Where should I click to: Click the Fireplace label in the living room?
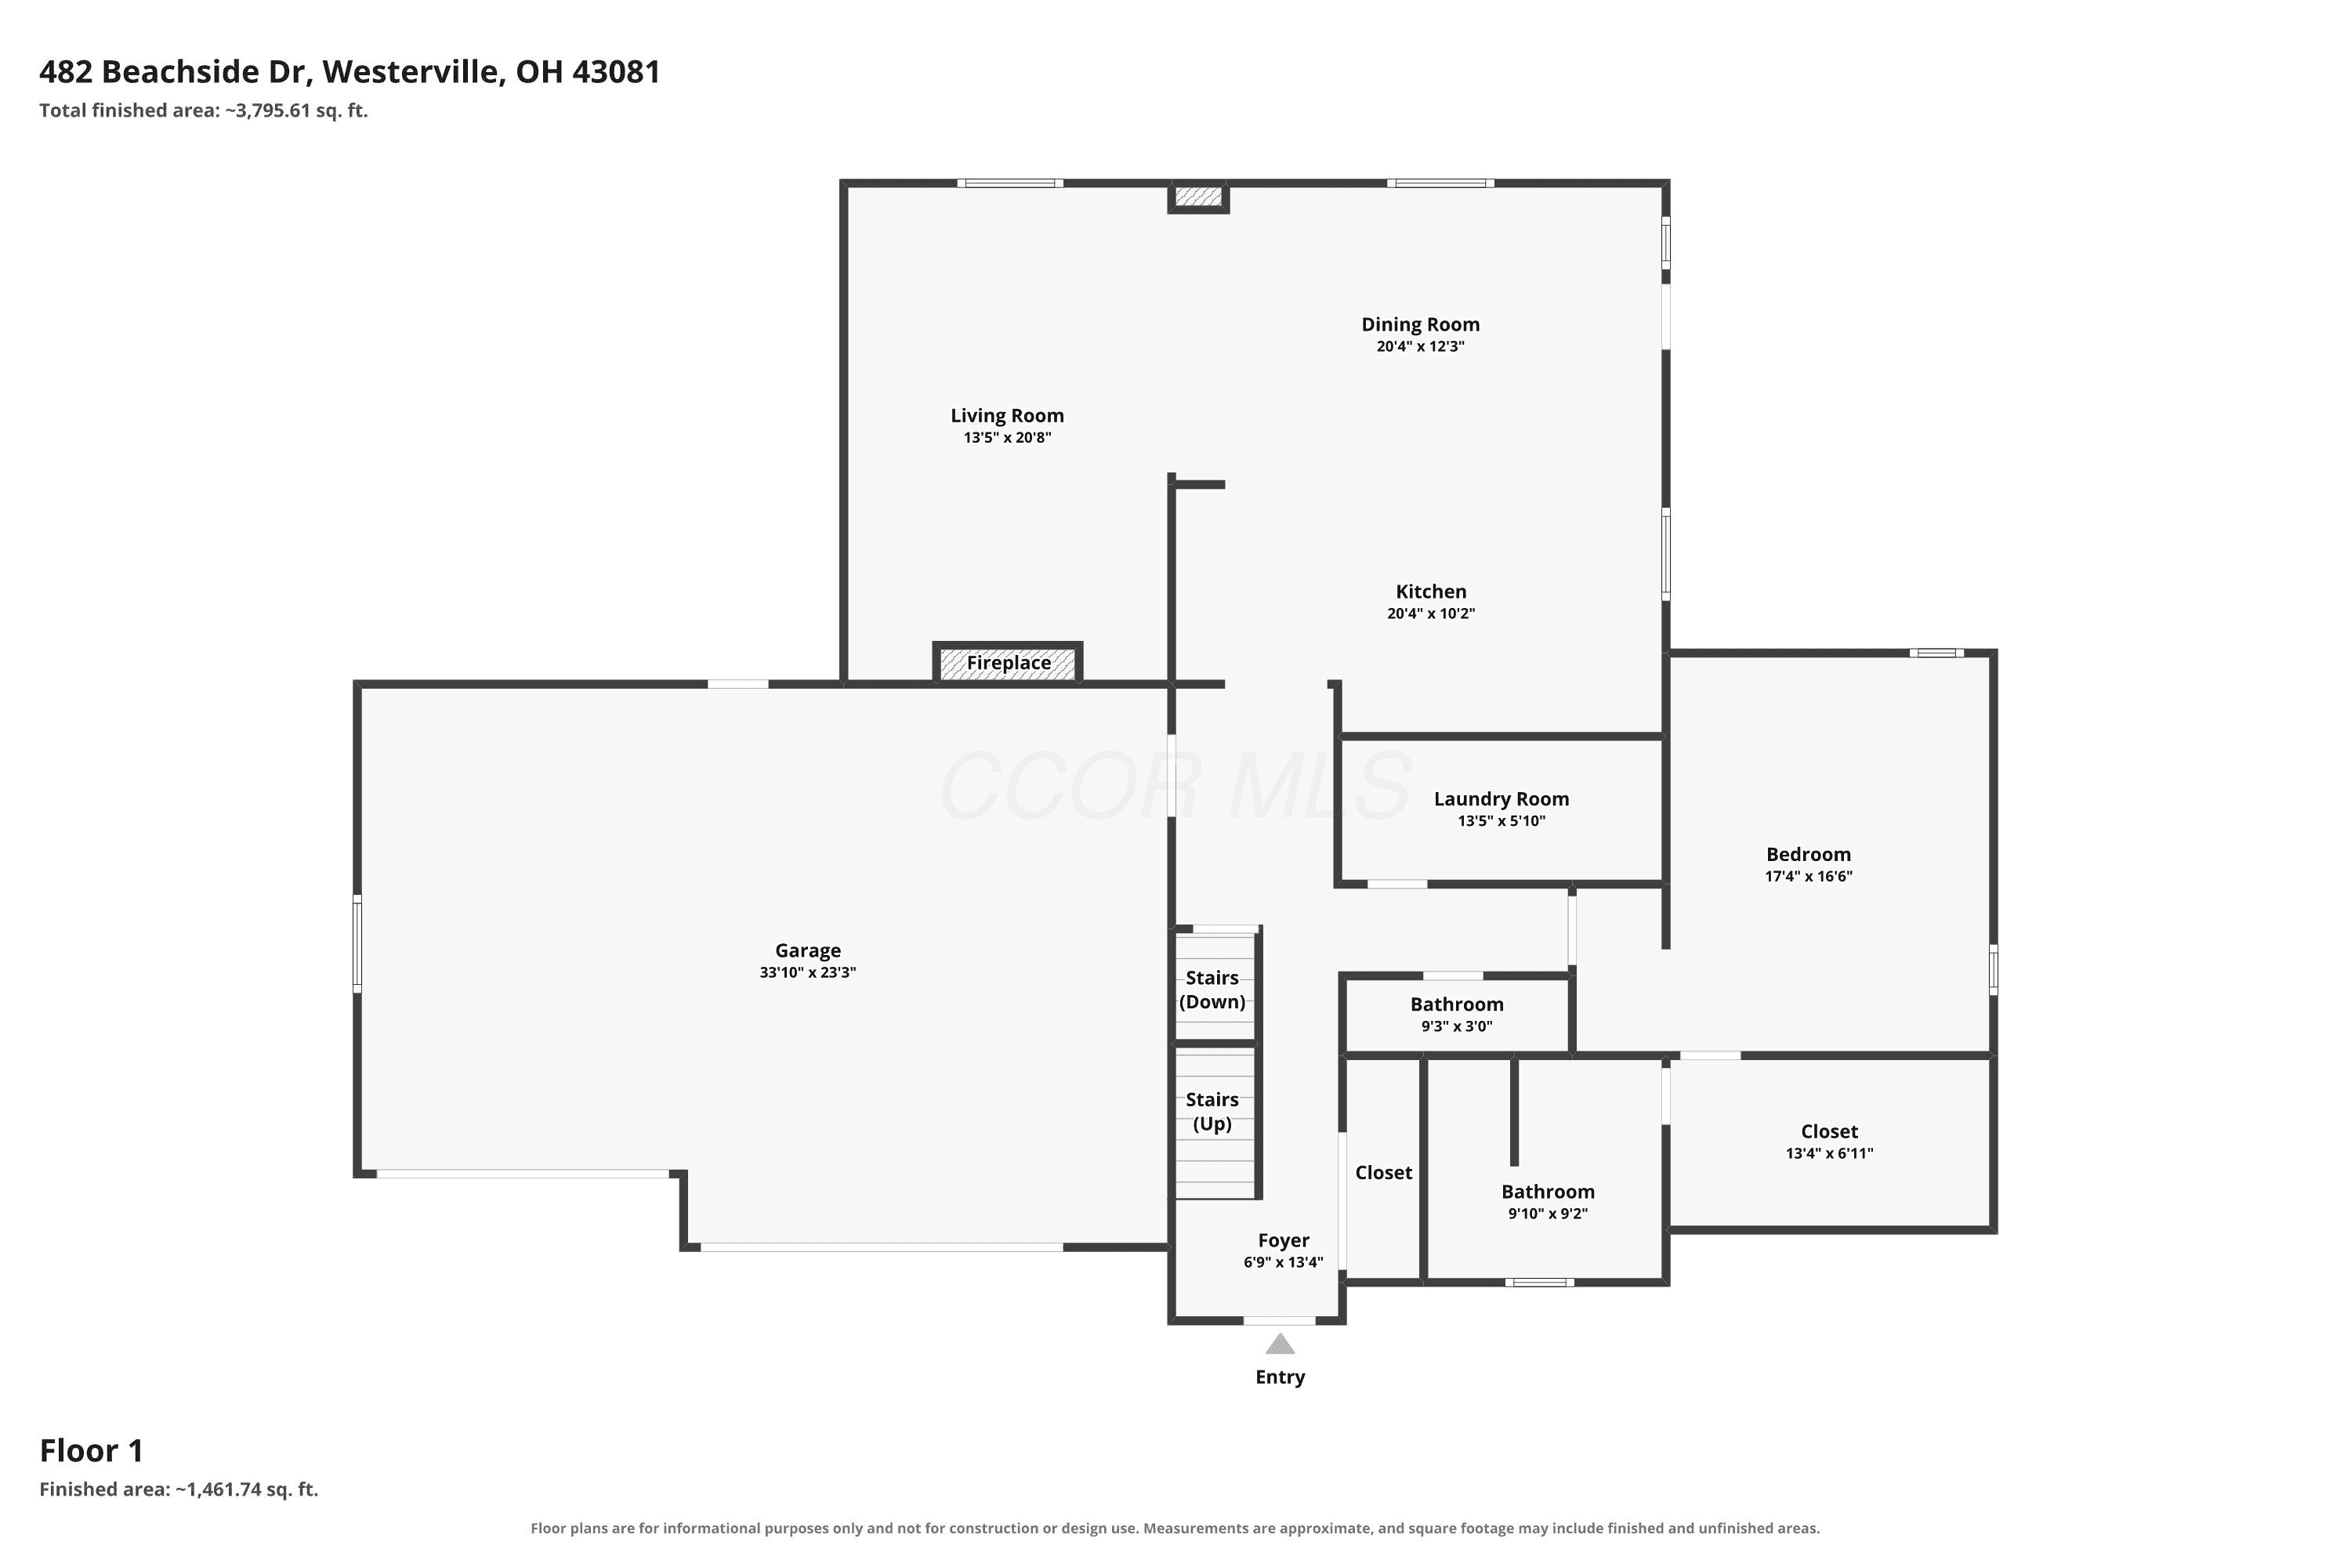[1008, 663]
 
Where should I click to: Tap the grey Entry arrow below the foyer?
[1280, 1344]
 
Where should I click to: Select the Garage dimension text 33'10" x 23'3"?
[808, 972]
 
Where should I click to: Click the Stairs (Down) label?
[1212, 990]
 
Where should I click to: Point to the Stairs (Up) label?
[1212, 1111]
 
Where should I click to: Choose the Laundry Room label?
[1502, 798]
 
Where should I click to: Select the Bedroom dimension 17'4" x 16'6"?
[1808, 877]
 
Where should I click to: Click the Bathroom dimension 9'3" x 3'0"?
[1456, 1026]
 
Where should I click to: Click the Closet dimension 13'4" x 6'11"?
[1829, 1153]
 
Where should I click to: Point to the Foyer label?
[1284, 1240]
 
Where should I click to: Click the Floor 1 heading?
[91, 1450]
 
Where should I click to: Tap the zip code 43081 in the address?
[616, 72]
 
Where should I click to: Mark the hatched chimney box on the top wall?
[1198, 197]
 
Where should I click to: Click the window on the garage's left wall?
[357, 943]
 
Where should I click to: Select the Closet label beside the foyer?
[1383, 1172]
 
